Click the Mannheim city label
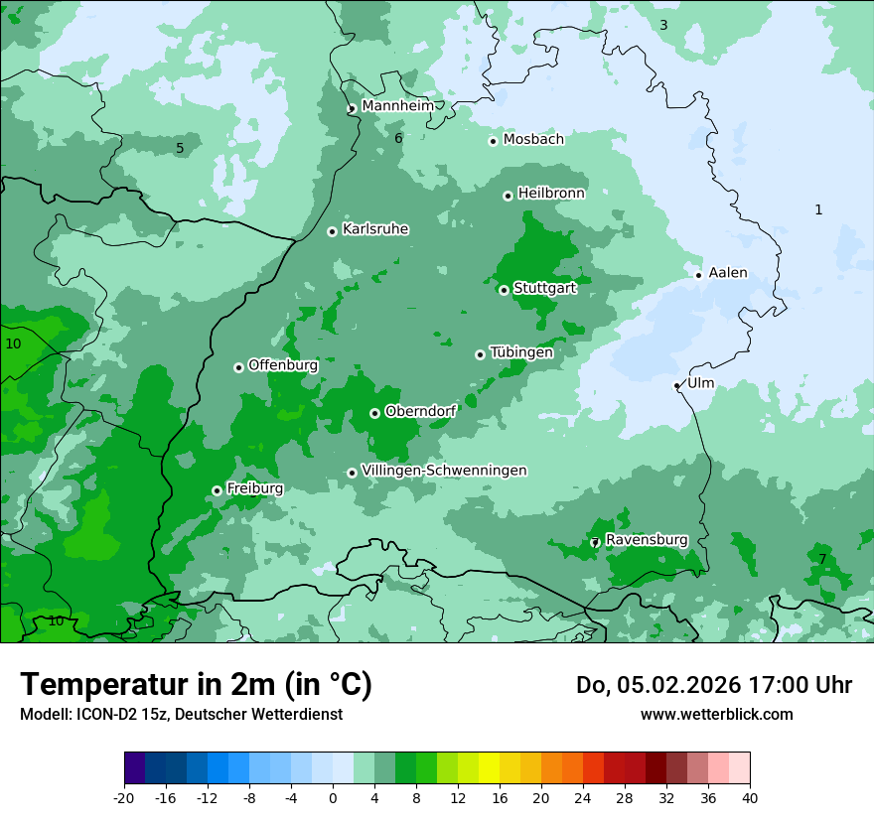tap(397, 106)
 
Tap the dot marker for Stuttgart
tap(505, 290)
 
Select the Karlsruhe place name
tap(375, 229)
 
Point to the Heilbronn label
tap(551, 194)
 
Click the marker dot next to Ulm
tap(677, 385)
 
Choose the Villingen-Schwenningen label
tap(444, 471)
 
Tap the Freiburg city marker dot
tap(217, 490)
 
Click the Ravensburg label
tap(646, 540)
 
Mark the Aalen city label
tap(728, 273)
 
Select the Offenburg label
tap(283, 365)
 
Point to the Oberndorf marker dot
tap(374, 413)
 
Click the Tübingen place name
tap(520, 352)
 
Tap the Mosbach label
tap(533, 140)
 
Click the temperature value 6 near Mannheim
tap(398, 139)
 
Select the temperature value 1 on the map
tap(818, 209)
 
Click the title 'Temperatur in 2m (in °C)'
tap(196, 685)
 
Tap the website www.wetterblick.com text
tap(716, 715)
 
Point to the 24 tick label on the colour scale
tap(582, 797)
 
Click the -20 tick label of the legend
tap(124, 797)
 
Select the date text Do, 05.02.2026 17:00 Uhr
tap(713, 685)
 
